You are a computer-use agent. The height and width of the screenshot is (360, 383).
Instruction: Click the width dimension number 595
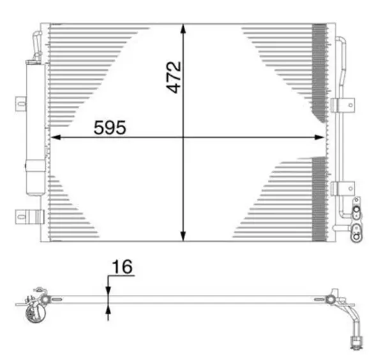110,127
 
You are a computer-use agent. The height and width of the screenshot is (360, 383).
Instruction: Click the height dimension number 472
173,77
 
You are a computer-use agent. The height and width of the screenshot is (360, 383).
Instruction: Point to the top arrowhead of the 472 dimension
184,29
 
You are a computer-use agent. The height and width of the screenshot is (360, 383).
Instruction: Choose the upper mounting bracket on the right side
343,105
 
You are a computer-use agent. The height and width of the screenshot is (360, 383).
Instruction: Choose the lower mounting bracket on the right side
343,188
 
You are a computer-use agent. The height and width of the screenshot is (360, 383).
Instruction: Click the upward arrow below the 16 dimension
108,311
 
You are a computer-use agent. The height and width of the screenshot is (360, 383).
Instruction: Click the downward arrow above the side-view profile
108,288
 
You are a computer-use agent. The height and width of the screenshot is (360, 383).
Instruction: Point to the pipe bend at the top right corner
342,41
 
